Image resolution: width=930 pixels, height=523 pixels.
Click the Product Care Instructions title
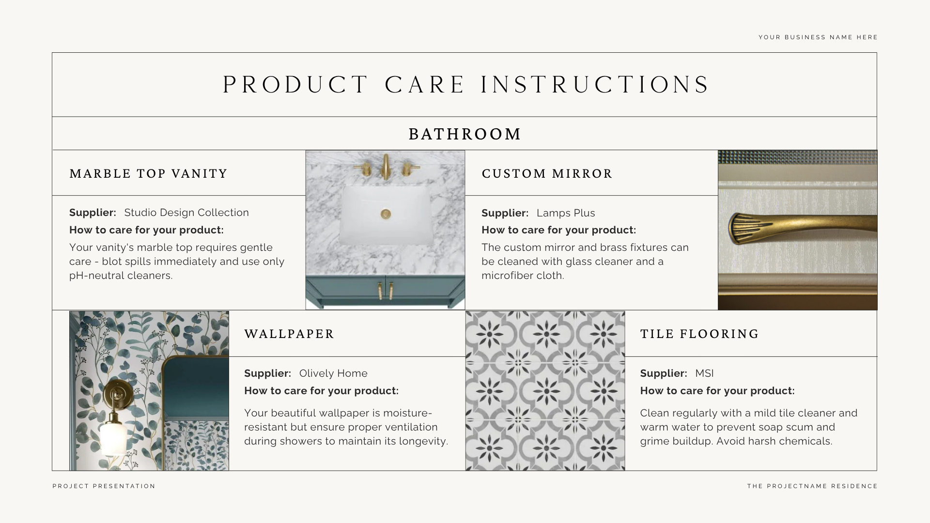pos(465,85)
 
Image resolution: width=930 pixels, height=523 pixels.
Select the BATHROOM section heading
pos(465,134)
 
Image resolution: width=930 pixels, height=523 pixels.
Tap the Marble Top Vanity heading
pos(148,174)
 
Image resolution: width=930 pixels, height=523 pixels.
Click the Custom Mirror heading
pos(547,174)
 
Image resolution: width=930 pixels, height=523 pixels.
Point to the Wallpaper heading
pos(289,334)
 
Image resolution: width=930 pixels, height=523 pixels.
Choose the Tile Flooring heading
pos(699,334)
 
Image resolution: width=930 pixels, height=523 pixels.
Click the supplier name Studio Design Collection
pos(186,213)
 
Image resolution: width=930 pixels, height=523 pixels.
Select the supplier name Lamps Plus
pos(566,213)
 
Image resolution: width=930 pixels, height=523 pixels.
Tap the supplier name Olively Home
pos(333,373)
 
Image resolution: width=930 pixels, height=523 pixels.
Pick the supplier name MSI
pos(704,373)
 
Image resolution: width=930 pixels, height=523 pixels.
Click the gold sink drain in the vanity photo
pos(386,214)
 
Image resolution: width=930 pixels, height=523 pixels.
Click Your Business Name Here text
pos(818,37)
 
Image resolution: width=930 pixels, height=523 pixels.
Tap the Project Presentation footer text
pos(104,486)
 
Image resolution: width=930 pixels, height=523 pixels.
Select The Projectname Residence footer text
pos(812,486)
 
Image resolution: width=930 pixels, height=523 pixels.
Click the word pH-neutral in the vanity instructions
pos(96,276)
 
